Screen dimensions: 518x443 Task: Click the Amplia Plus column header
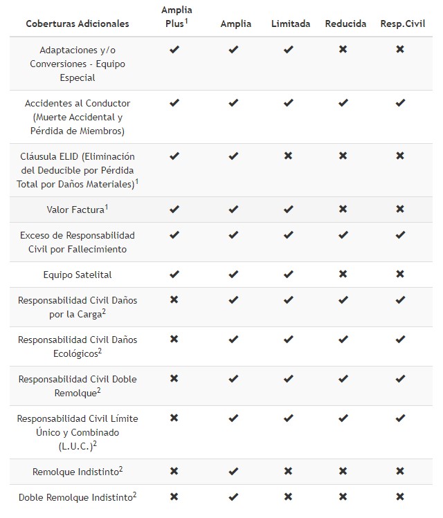[176, 17]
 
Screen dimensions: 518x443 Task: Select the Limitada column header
[291, 24]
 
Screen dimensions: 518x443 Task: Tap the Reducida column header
[345, 24]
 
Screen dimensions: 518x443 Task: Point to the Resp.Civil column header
[402, 24]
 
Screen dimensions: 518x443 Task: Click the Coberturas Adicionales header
[78, 24]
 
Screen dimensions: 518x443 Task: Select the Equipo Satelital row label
[78, 275]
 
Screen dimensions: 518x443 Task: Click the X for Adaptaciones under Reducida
[343, 50]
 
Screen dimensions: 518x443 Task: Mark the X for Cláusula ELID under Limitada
[289, 156]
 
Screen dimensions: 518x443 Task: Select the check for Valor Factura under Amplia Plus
[174, 209]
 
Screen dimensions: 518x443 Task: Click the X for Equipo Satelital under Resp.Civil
[400, 275]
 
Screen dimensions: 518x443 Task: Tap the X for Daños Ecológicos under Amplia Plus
[174, 340]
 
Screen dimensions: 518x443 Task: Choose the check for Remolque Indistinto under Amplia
[233, 471]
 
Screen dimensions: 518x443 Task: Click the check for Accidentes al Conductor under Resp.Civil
[400, 103]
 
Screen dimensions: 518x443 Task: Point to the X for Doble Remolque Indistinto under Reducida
[343, 497]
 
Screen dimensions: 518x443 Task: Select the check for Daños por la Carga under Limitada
[289, 300]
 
